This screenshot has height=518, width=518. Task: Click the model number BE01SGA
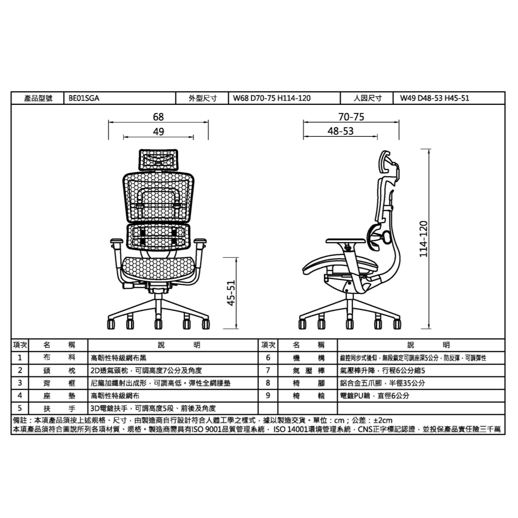point(84,98)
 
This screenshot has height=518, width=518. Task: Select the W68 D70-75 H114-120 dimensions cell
point(272,98)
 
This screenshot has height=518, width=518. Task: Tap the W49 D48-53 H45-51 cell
point(434,98)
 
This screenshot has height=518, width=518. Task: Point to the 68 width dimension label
point(158,117)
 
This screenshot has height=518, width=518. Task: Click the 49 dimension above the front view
point(158,132)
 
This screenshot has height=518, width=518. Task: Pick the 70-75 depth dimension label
point(351,117)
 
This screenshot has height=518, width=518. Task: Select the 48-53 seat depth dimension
point(340,131)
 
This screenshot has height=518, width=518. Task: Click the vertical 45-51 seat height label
point(231,293)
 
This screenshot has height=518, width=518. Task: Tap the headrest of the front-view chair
point(158,159)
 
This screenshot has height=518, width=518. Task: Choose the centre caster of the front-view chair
point(158,323)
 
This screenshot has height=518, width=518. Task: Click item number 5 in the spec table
point(20,408)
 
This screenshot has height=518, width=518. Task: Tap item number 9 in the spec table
point(268,395)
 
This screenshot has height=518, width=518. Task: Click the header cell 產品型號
point(38,98)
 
